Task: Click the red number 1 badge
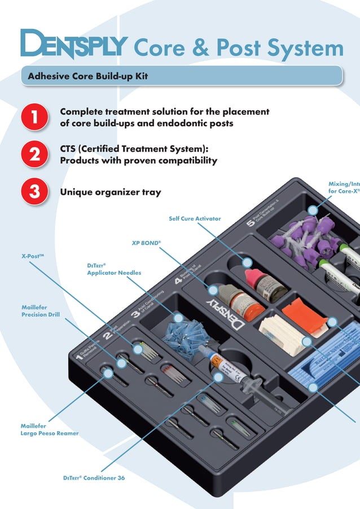[34, 117]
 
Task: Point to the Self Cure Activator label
[195, 218]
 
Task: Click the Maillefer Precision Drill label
[40, 311]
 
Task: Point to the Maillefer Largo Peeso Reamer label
[50, 429]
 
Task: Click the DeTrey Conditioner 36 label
[94, 478]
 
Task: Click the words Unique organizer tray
[110, 192]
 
